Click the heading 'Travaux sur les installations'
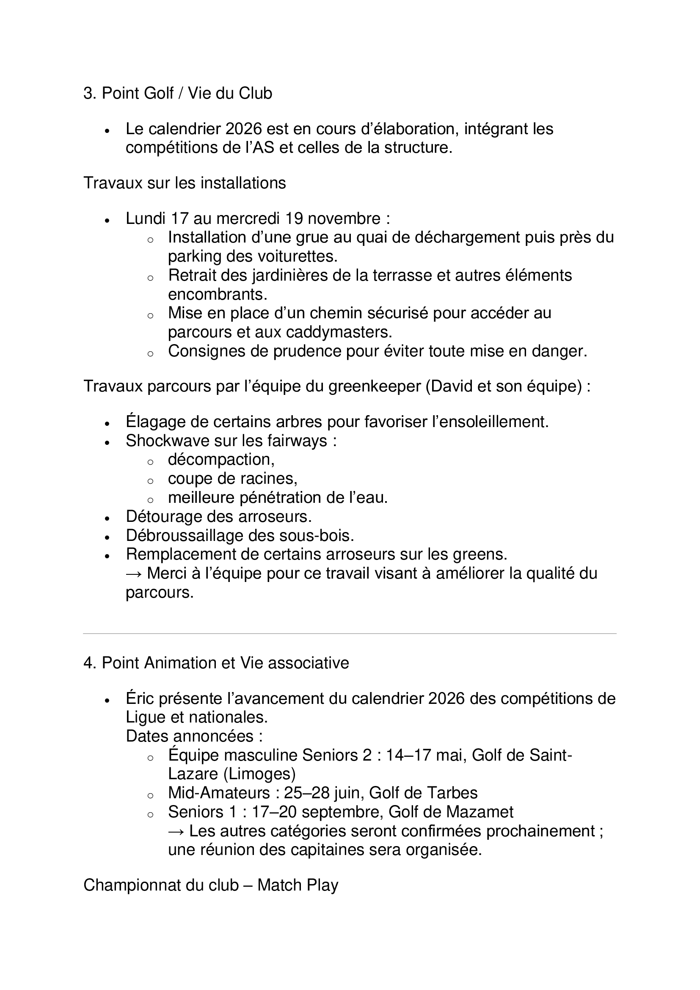[x=185, y=183]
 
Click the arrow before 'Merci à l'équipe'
[x=134, y=574]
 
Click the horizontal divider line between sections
[x=350, y=634]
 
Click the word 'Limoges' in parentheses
[x=259, y=774]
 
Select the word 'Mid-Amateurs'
[x=219, y=793]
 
